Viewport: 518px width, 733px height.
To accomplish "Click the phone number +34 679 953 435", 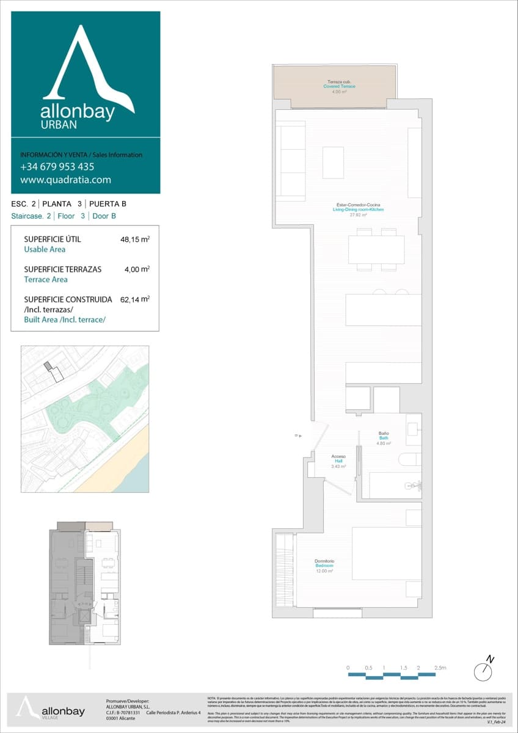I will pyautogui.click(x=57, y=167).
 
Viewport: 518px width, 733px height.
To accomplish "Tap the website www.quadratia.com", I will pyautogui.click(x=65, y=180).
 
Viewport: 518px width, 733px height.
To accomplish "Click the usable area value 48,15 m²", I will pyautogui.click(x=135, y=239).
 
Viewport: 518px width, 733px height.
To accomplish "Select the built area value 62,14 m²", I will pyautogui.click(x=135, y=299).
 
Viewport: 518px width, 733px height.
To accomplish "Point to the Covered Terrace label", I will pyautogui.click(x=339, y=87).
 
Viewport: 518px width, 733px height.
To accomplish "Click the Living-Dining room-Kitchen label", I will pyautogui.click(x=358, y=210).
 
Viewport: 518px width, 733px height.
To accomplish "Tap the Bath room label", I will pyautogui.click(x=384, y=438).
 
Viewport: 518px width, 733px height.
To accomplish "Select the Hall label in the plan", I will pyautogui.click(x=338, y=461).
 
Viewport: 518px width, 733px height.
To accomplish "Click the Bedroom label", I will pyautogui.click(x=324, y=566).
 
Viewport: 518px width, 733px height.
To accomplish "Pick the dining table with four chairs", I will pyautogui.click(x=376, y=249).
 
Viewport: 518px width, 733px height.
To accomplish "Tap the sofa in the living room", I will pyautogui.click(x=291, y=161).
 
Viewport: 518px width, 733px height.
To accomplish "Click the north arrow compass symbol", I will pyautogui.click(x=484, y=669).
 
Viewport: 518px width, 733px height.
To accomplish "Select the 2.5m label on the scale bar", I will pyautogui.click(x=440, y=668).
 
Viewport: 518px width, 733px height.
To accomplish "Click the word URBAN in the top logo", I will pyautogui.click(x=59, y=124).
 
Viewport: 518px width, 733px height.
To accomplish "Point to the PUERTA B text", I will pyautogui.click(x=108, y=204).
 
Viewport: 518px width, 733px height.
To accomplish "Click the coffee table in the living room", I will pyautogui.click(x=333, y=162).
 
